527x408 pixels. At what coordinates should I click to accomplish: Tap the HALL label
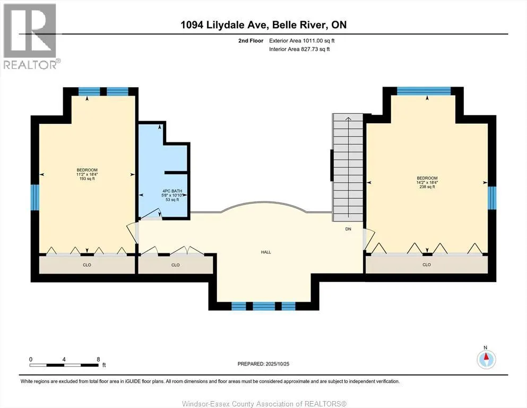pyautogui.click(x=266, y=252)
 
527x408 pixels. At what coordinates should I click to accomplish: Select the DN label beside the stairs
pyautogui.click(x=348, y=229)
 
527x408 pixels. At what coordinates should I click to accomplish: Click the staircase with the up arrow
pyautogui.click(x=348, y=167)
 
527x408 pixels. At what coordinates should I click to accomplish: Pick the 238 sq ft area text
pyautogui.click(x=427, y=187)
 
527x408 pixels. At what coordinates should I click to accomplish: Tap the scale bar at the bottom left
pyautogui.click(x=64, y=365)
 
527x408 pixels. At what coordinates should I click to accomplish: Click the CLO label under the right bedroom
pyautogui.click(x=426, y=265)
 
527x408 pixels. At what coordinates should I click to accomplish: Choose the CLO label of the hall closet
pyautogui.click(x=175, y=265)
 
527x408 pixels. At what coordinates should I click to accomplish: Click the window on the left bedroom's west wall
pyautogui.click(x=35, y=197)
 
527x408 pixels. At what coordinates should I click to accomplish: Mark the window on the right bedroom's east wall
pyautogui.click(x=491, y=198)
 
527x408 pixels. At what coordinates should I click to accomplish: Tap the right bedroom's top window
pyautogui.click(x=424, y=91)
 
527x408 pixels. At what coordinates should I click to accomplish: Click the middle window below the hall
pyautogui.click(x=264, y=305)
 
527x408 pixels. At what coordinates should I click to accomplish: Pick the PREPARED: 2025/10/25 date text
pyautogui.click(x=264, y=363)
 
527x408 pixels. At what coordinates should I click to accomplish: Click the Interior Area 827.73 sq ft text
pyautogui.click(x=300, y=49)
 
